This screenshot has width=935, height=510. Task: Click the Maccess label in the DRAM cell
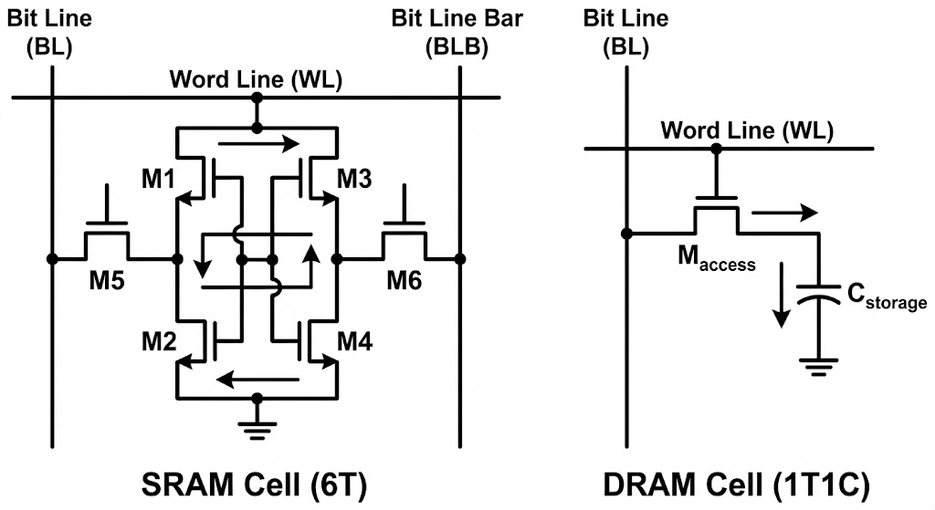click(x=715, y=260)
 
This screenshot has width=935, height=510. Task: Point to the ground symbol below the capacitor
click(x=818, y=366)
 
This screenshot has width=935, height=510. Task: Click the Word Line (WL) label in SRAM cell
click(x=256, y=79)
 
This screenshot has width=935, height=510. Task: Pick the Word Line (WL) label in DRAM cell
click(x=746, y=130)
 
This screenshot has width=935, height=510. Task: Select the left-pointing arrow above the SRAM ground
click(x=257, y=378)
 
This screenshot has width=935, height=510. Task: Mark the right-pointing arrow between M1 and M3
click(x=259, y=143)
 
